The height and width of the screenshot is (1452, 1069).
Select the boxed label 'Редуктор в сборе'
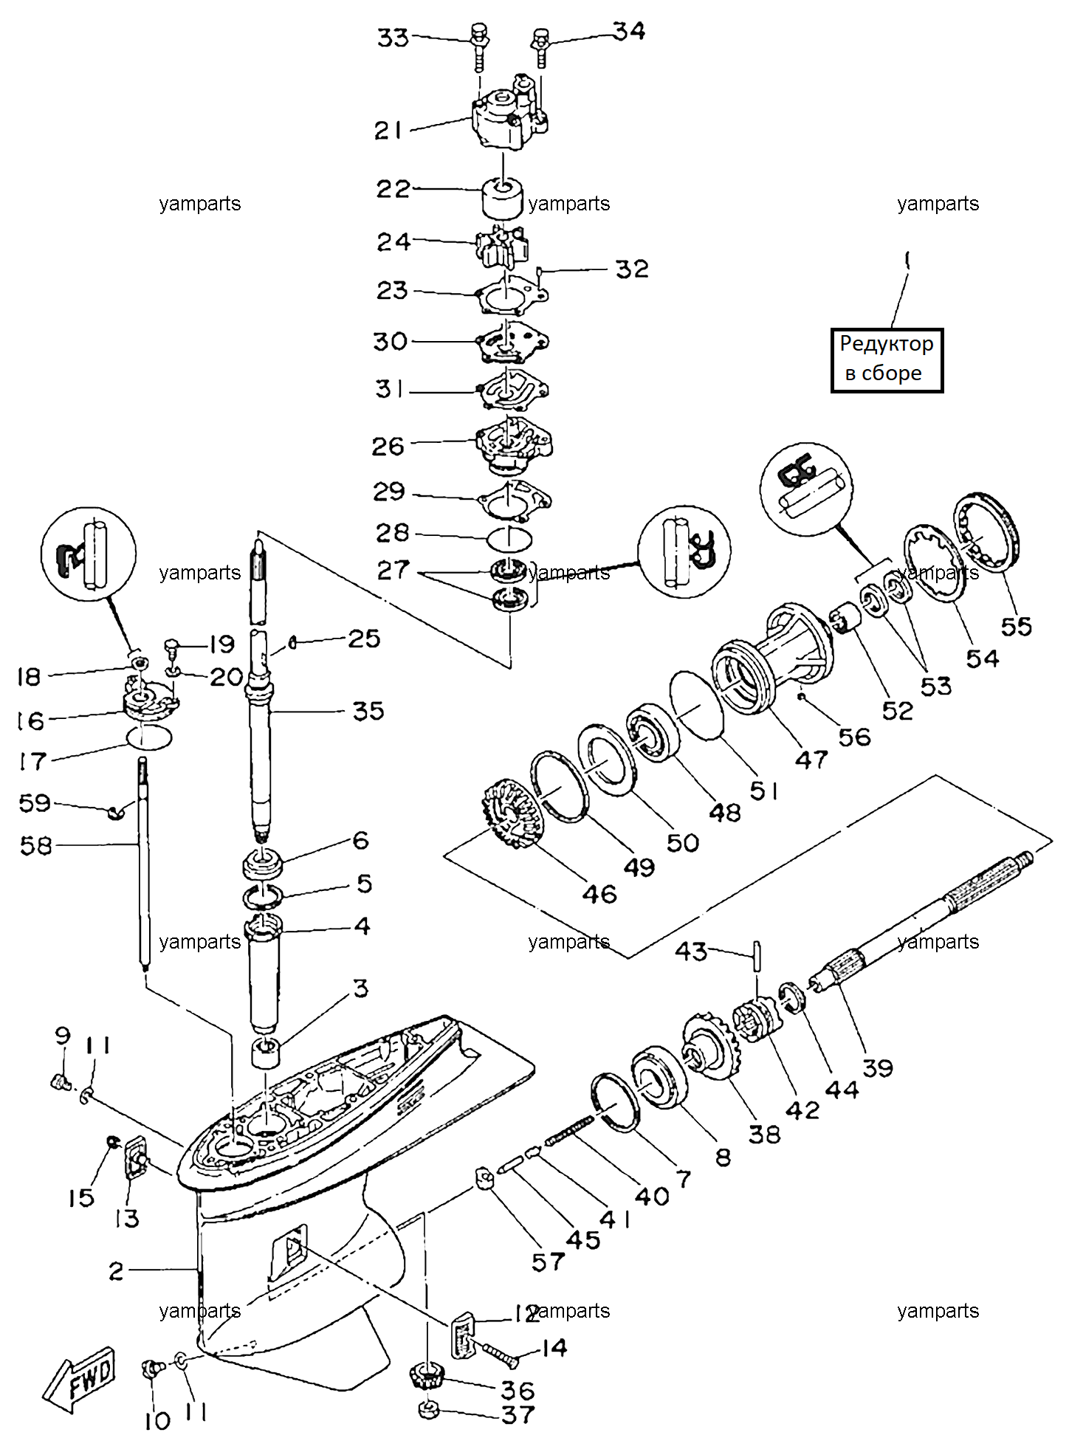tap(887, 359)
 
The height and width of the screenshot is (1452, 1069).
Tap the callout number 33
tap(393, 38)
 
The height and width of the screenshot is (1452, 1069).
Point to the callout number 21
tap(388, 131)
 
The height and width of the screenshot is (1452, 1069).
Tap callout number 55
tap(1016, 627)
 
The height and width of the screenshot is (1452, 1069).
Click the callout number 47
tap(811, 760)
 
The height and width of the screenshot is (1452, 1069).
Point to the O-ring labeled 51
tap(696, 704)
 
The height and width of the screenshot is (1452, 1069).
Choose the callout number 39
tap(878, 1067)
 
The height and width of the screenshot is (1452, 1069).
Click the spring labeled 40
tap(570, 1131)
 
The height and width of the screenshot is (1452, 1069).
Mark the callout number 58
tap(36, 846)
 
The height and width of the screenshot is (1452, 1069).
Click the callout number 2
tap(117, 1271)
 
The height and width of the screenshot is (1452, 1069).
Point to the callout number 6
tap(361, 840)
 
